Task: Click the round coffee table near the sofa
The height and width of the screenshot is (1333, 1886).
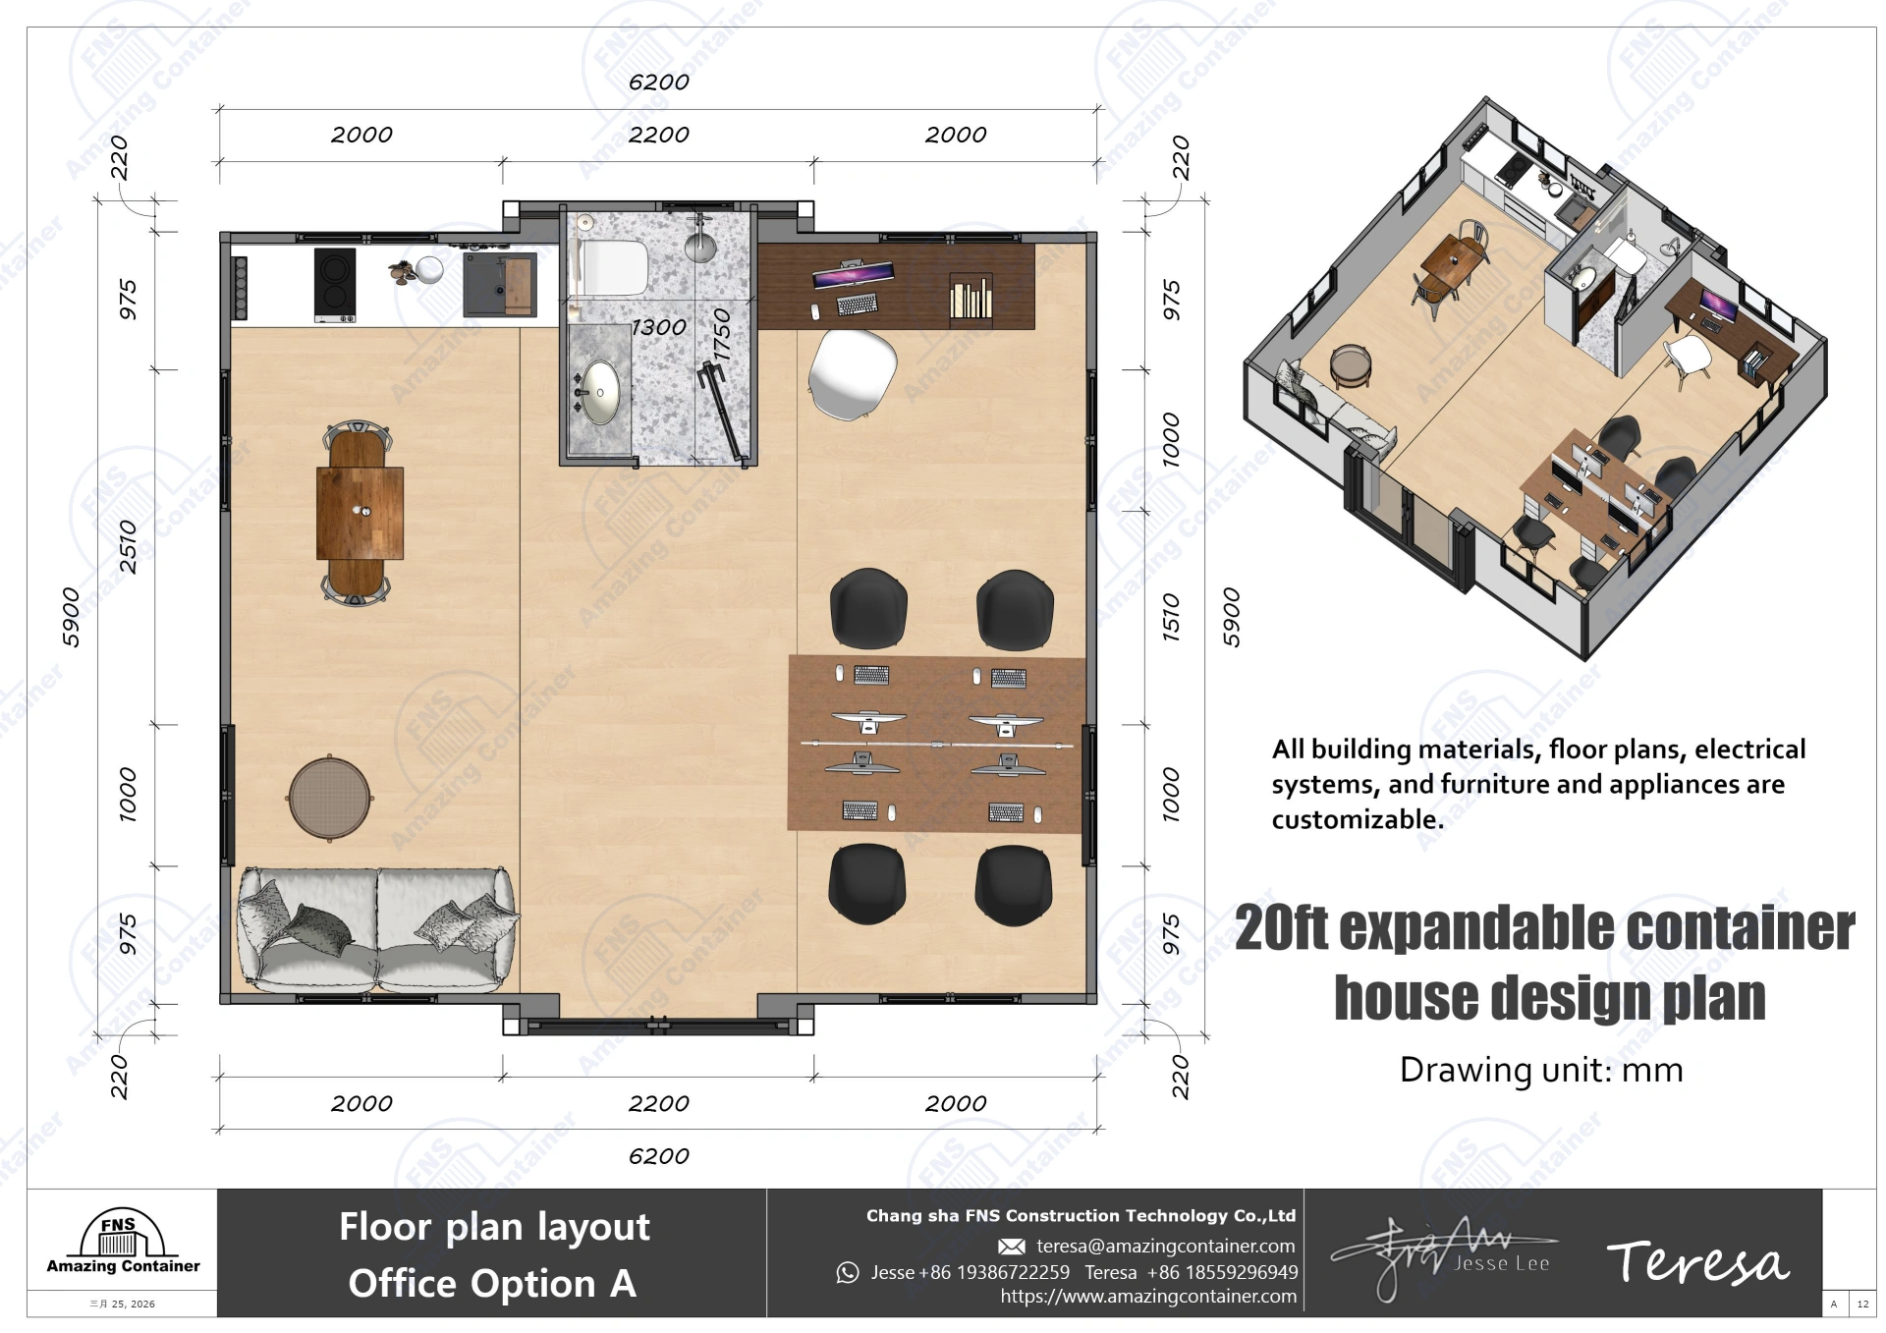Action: pyautogui.click(x=330, y=798)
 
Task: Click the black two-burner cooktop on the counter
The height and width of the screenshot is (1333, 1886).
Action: pyautogui.click(x=335, y=284)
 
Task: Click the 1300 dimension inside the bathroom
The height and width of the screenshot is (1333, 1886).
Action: pyautogui.click(x=658, y=327)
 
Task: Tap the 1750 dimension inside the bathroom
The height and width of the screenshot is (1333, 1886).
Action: pyautogui.click(x=722, y=335)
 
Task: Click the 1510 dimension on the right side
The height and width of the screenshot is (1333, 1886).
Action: pyautogui.click(x=1171, y=617)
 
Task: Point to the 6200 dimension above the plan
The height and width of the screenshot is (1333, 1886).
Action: pyautogui.click(x=658, y=83)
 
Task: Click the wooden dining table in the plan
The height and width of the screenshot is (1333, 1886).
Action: pyautogui.click(x=360, y=513)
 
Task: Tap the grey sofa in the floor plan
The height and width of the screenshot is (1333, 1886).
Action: pyautogui.click(x=376, y=928)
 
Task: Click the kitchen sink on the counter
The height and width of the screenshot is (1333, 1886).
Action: pyautogui.click(x=500, y=285)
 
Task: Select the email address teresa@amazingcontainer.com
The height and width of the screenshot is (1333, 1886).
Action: pyautogui.click(x=1165, y=1246)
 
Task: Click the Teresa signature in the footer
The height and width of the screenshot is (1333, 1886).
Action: pyautogui.click(x=1697, y=1262)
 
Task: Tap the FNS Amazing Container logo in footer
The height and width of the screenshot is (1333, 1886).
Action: pyautogui.click(x=123, y=1243)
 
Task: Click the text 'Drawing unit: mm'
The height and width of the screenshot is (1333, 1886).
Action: pyautogui.click(x=1540, y=1070)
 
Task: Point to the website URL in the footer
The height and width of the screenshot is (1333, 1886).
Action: pyautogui.click(x=1147, y=1297)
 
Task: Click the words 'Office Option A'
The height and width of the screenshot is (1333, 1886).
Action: pyautogui.click(x=492, y=1284)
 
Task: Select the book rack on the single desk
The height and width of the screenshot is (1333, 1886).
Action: pyautogui.click(x=971, y=297)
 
